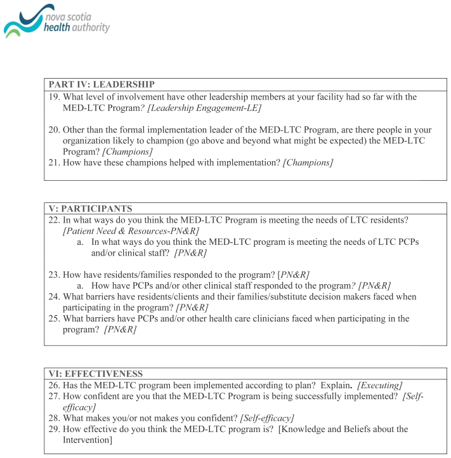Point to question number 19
point(54,97)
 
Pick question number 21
point(54,163)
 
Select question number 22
point(54,220)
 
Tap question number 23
point(54,274)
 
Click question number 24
point(54,296)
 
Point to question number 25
point(54,318)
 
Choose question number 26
point(54,385)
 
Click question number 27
point(54,396)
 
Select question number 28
point(54,418)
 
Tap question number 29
point(54,429)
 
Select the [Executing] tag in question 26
point(378,385)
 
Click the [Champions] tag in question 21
point(308,163)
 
